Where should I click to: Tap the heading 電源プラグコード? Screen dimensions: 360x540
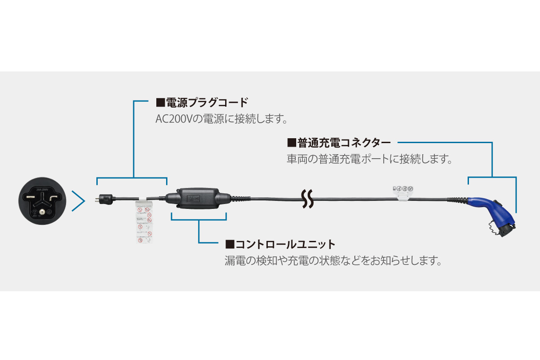coord(206,103)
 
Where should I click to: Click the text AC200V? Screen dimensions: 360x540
coord(171,119)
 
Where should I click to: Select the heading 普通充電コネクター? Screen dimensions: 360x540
coord(344,143)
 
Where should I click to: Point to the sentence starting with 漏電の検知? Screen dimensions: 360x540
coord(334,260)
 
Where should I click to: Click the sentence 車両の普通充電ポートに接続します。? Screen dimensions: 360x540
coord(369,159)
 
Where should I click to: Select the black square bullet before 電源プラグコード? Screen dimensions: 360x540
coord(160,103)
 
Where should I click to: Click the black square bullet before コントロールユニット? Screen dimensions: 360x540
coord(230,244)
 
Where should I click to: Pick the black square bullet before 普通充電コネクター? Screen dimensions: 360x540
coord(292,143)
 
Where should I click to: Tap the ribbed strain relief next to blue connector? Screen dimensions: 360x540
coord(457,200)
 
